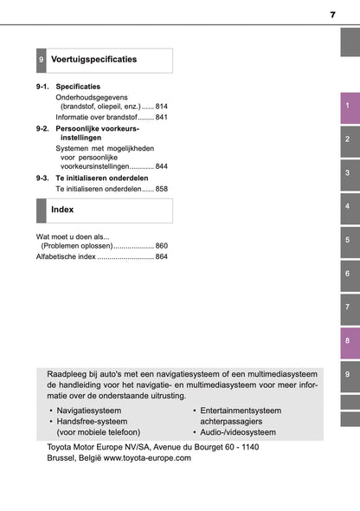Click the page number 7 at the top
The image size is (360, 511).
332,15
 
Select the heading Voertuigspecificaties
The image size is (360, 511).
93,60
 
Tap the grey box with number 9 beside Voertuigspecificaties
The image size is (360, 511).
41,61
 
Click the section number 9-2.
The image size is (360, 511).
44,128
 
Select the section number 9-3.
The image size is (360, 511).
44,177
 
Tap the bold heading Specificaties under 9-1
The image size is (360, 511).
78,87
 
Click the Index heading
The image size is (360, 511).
62,210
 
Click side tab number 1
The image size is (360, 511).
346,107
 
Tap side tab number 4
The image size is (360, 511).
346,207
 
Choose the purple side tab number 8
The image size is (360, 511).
346,341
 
